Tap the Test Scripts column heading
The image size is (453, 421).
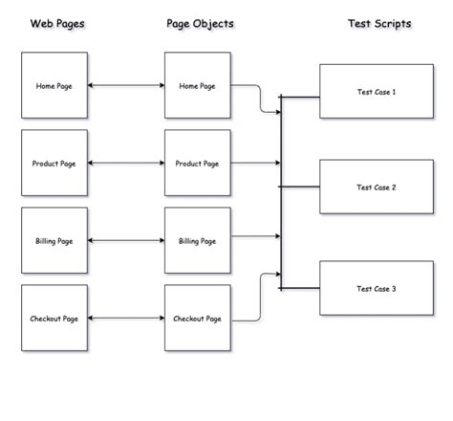click(379, 23)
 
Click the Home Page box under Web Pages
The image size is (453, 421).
click(54, 85)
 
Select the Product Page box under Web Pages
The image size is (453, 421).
click(54, 163)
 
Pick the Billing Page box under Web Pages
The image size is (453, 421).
click(54, 240)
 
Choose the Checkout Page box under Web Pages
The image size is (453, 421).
click(54, 318)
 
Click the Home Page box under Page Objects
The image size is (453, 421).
click(198, 85)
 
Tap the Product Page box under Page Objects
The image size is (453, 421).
click(198, 163)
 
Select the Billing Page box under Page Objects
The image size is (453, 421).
click(198, 240)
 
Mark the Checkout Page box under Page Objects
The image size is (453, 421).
click(198, 318)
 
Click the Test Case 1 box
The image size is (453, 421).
click(376, 92)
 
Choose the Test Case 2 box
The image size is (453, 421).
click(376, 188)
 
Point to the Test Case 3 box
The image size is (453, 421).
click(376, 288)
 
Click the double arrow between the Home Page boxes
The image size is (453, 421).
click(126, 85)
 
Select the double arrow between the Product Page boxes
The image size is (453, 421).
click(126, 163)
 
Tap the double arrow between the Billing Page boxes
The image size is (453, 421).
click(126, 240)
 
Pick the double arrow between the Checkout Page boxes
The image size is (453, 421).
click(126, 318)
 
